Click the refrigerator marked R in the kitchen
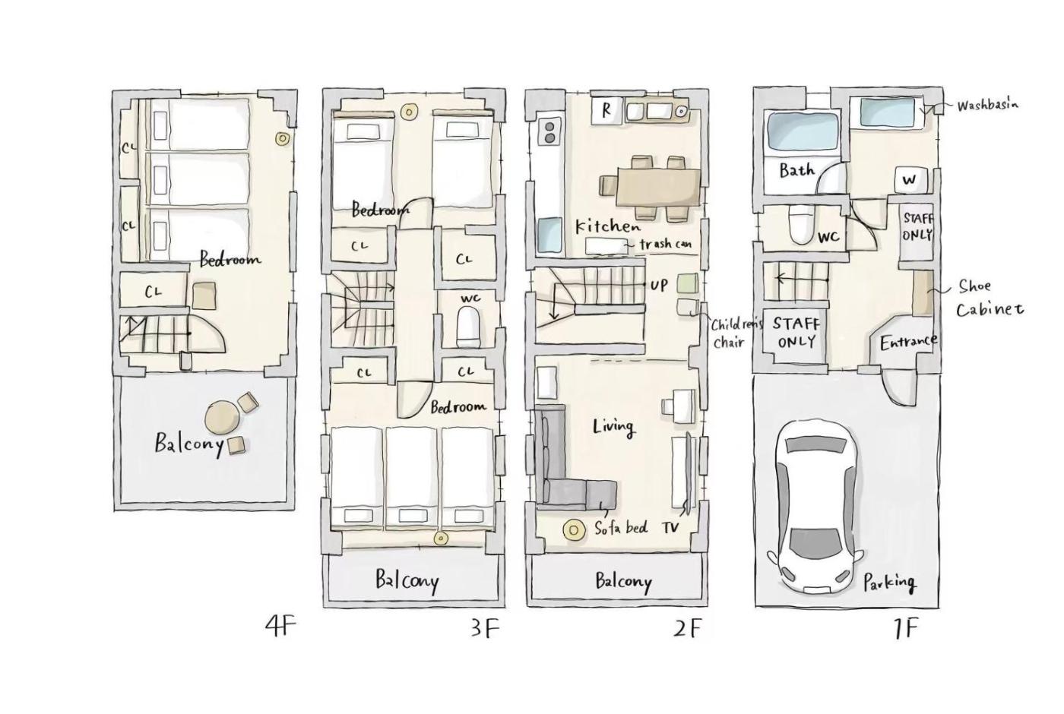(606, 112)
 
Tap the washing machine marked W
(910, 180)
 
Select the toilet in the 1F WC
(801, 223)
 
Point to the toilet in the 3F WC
(469, 327)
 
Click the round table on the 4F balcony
(223, 418)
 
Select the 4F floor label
(280, 627)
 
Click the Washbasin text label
(987, 105)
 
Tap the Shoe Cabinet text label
(989, 298)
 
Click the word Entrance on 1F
(908, 341)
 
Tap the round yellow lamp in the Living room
(573, 530)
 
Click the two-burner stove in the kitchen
(549, 132)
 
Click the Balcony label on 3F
(407, 580)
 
